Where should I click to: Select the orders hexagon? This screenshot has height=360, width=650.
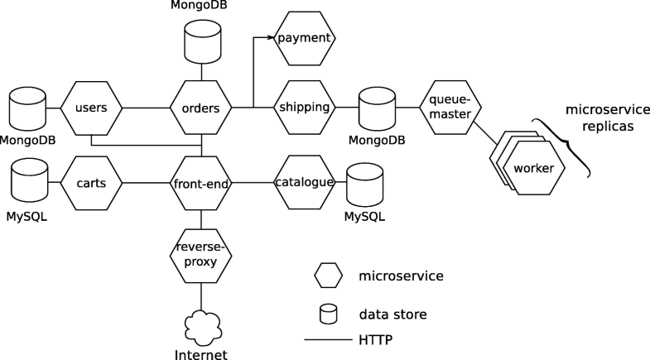click(200, 108)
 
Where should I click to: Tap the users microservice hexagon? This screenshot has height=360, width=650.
click(92, 108)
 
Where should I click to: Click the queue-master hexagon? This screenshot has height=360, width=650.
click(451, 108)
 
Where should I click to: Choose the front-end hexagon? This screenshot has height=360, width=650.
click(201, 183)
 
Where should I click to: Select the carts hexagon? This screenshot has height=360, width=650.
click(92, 183)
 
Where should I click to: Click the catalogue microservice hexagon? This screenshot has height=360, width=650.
click(304, 183)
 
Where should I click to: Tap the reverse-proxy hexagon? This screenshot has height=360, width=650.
click(201, 254)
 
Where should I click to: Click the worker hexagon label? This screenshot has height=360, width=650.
click(533, 168)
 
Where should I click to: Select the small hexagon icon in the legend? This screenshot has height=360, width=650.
click(329, 275)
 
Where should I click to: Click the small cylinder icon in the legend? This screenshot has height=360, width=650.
click(329, 314)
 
